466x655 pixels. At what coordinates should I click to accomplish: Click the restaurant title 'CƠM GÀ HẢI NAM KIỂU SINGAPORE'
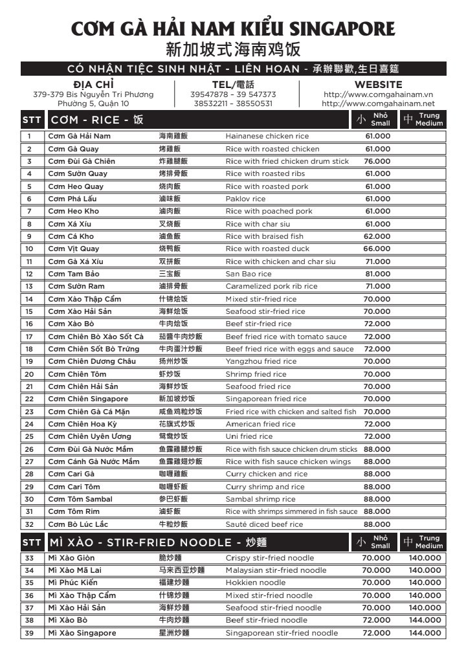pos(233,29)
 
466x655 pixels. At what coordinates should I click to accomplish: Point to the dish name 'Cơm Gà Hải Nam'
pos(80,137)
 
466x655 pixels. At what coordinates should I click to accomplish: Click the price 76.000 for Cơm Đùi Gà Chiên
pos(377,161)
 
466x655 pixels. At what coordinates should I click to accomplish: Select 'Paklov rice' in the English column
pos(245,199)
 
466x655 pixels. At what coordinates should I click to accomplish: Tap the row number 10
pos(29,249)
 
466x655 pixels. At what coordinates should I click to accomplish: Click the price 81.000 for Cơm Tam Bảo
pos(377,274)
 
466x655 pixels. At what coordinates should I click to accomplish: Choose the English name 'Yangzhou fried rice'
pos(261,361)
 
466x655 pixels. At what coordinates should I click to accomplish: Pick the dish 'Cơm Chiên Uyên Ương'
pos(89,436)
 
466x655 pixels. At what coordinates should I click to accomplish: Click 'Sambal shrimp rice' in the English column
pos(260,499)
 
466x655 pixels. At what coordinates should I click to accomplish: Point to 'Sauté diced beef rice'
pos(264,524)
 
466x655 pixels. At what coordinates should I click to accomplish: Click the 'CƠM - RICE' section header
pos(97,120)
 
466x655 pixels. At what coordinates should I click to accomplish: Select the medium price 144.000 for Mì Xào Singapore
pos(425,633)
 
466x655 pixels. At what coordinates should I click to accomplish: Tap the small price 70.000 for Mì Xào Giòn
pos(376,558)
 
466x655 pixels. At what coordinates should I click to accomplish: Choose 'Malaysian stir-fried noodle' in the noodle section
pos(276,570)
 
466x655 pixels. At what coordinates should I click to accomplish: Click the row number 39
pos(29,633)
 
